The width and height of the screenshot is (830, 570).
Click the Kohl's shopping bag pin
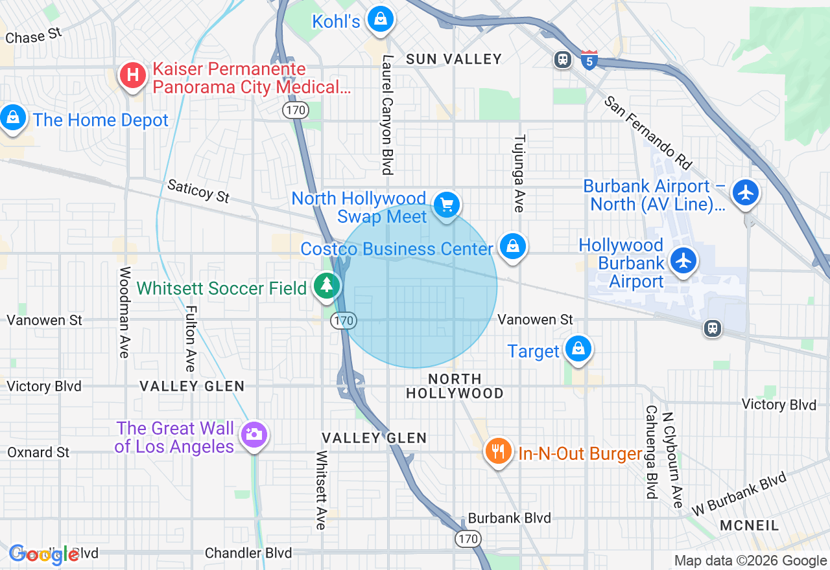click(x=381, y=19)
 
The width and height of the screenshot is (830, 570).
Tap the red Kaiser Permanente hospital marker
click(x=133, y=76)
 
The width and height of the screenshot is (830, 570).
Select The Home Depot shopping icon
click(x=13, y=118)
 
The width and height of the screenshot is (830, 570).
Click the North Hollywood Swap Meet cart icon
click(x=446, y=205)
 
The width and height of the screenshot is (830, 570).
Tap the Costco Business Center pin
click(x=512, y=247)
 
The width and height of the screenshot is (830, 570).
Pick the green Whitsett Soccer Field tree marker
click(x=326, y=286)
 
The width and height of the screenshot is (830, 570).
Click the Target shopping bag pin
click(x=577, y=349)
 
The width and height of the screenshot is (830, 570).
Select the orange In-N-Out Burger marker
click(x=498, y=451)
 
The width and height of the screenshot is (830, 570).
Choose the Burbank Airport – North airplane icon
click(x=746, y=192)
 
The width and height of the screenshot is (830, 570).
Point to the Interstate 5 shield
click(x=589, y=60)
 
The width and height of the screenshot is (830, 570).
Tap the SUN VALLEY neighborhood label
click(x=454, y=59)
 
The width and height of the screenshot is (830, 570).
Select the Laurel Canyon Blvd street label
click(x=388, y=115)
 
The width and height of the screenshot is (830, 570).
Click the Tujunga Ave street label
click(x=519, y=174)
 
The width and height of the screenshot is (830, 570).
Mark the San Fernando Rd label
click(x=648, y=131)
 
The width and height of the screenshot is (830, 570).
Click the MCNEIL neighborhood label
click(x=750, y=525)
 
